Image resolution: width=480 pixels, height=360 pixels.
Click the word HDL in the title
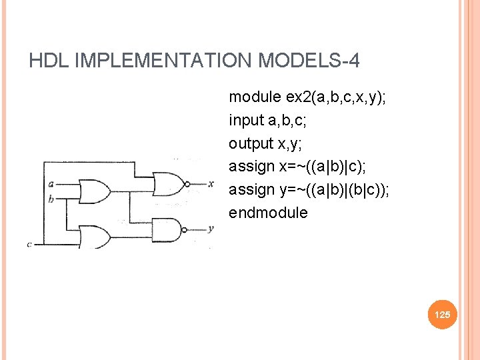(x=49, y=61)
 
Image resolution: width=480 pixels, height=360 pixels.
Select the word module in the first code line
(x=255, y=97)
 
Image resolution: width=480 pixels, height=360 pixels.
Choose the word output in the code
(x=248, y=144)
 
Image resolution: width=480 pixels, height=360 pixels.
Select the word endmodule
(x=268, y=213)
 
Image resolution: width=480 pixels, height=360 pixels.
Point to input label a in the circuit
(x=51, y=184)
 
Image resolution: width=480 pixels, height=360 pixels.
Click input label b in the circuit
(x=51, y=199)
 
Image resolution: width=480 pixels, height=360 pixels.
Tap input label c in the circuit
(x=29, y=244)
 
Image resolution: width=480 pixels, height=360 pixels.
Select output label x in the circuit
(x=210, y=183)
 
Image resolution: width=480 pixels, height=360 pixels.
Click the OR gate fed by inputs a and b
(x=94, y=191)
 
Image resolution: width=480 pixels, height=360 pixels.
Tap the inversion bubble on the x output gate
(x=187, y=183)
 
